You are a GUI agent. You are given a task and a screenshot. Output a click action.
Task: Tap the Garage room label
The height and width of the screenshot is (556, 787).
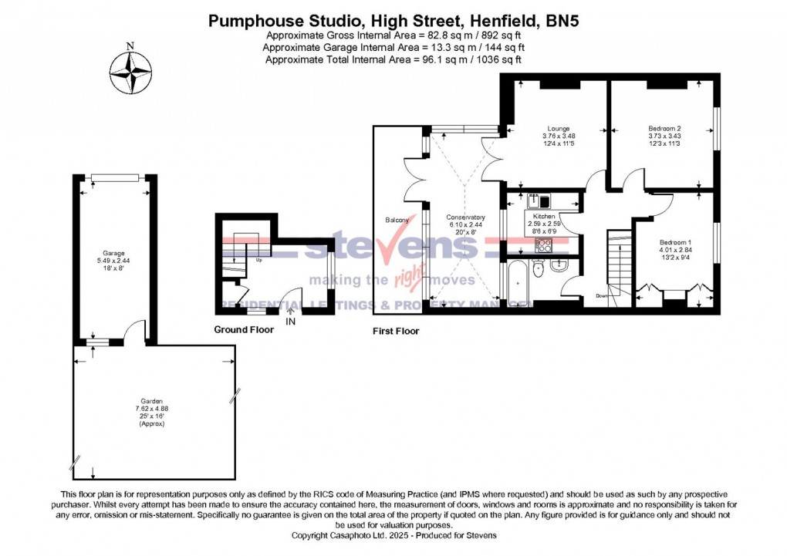(114, 253)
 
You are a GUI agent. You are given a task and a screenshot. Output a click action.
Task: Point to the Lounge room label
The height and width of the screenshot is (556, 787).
(558, 129)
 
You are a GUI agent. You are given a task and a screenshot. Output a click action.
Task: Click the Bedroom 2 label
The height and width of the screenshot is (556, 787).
(664, 129)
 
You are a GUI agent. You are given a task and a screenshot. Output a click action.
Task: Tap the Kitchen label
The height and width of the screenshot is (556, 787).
(540, 217)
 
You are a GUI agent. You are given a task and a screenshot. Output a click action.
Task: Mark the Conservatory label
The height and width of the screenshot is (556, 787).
(465, 217)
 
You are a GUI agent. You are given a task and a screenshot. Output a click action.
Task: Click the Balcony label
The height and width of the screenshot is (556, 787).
(397, 221)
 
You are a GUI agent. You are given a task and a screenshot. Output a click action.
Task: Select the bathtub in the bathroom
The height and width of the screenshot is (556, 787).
(515, 281)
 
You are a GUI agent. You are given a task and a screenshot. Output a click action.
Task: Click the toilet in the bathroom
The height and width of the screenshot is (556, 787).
(539, 268)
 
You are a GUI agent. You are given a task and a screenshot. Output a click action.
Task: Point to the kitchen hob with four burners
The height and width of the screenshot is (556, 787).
(543, 246)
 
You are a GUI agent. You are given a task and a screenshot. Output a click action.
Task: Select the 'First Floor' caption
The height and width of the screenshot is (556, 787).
(396, 331)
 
